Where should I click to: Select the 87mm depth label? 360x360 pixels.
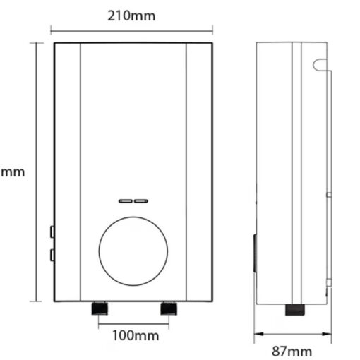tap(292, 351)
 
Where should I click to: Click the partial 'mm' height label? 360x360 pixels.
tap(12, 172)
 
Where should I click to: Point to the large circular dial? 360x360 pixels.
tap(133, 251)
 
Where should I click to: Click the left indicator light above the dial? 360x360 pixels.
tap(125, 200)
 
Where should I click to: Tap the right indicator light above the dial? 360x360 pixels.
tap(141, 200)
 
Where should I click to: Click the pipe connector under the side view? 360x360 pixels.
tap(294, 309)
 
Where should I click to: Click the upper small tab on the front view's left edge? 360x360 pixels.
tap(52, 231)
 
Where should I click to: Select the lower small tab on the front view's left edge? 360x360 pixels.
tap(52, 255)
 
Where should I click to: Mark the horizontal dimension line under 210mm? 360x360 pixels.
tap(133, 30)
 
